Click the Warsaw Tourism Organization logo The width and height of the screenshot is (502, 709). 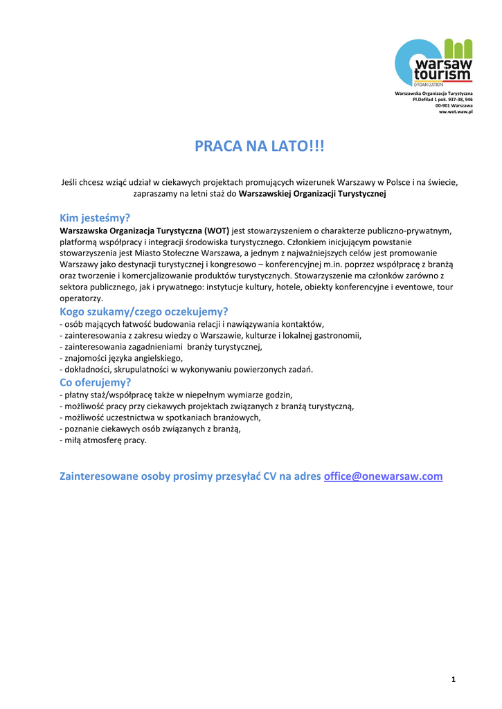[433, 62]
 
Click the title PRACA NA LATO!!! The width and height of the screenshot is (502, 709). [259, 147]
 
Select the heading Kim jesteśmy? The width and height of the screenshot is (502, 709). [95, 218]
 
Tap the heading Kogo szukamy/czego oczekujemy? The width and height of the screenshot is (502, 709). [144, 312]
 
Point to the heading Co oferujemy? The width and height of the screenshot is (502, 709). [96, 382]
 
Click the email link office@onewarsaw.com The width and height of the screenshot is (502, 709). [383, 476]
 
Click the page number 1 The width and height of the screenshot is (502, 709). [453, 680]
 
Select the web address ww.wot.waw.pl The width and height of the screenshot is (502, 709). [456, 111]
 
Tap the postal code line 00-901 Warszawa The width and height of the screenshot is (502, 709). [454, 105]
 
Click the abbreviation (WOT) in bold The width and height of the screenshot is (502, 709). [217, 231]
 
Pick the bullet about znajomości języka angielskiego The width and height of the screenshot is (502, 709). [122, 358]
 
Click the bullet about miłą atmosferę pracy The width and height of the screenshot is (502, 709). [104, 440]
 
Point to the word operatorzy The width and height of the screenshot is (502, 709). [82, 298]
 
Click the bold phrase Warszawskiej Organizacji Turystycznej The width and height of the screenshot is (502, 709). [312, 195]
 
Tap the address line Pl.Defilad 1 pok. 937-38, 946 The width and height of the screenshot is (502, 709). [442, 99]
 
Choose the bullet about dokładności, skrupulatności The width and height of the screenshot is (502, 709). [187, 370]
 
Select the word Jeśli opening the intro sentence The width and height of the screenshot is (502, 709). [71, 183]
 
